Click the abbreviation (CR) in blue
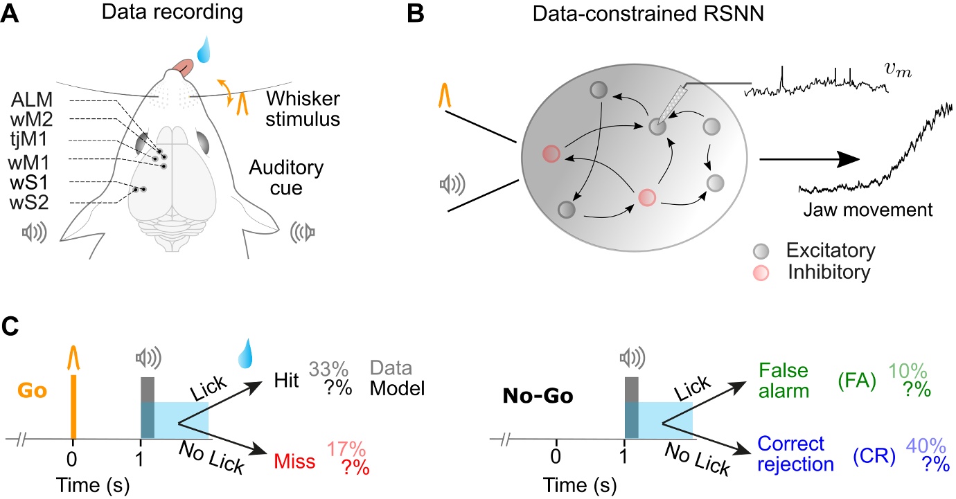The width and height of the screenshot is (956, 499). coord(875,453)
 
